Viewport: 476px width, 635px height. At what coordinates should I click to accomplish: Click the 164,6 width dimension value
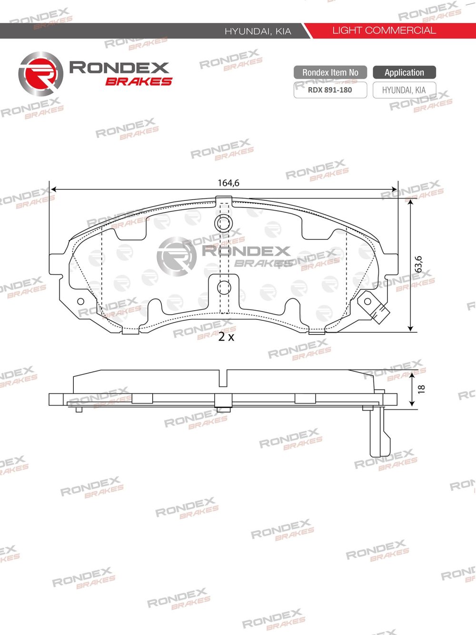tap(228, 183)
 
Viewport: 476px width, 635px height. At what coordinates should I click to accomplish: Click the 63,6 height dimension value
tap(418, 264)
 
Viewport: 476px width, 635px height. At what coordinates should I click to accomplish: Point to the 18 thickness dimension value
tap(421, 389)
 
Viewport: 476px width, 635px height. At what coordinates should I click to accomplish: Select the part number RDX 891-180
tap(330, 90)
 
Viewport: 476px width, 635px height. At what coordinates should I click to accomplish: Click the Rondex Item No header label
tap(330, 72)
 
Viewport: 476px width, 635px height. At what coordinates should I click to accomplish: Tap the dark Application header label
tap(404, 72)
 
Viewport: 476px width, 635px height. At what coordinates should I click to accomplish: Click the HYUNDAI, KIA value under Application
tap(404, 90)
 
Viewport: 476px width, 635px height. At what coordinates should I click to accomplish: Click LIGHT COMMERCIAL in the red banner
tap(384, 30)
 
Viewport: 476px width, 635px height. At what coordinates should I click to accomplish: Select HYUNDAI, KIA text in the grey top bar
tap(258, 31)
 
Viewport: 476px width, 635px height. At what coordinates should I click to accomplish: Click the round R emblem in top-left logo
tap(40, 74)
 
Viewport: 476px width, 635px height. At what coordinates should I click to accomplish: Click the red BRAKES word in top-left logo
tap(139, 81)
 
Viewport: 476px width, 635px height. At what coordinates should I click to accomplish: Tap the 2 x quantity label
tap(226, 337)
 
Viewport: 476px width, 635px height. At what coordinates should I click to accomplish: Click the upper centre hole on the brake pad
tap(223, 222)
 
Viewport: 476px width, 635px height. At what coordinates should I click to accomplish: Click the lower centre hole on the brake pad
tap(223, 288)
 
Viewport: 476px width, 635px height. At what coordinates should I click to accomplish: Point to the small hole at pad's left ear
tap(80, 301)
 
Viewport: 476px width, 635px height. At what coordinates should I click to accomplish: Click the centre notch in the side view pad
tap(223, 378)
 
